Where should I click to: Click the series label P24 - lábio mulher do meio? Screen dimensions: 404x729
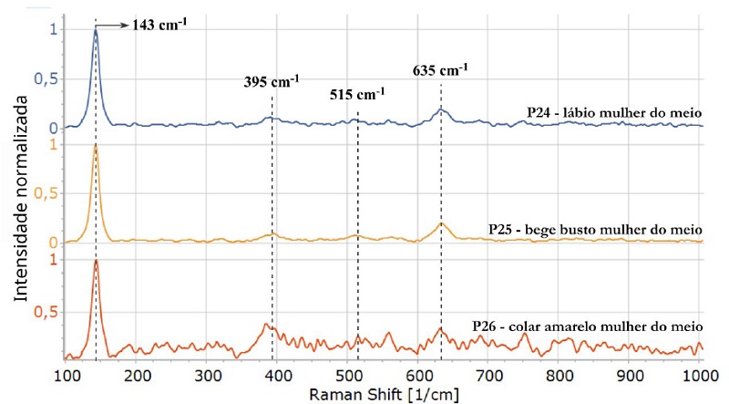[613, 111]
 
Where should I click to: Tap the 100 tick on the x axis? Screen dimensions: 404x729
[67, 375]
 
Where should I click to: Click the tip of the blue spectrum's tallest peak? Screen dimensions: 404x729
[96, 29]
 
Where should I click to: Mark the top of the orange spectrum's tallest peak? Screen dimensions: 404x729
[96, 145]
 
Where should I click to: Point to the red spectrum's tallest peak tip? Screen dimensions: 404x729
[96, 260]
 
